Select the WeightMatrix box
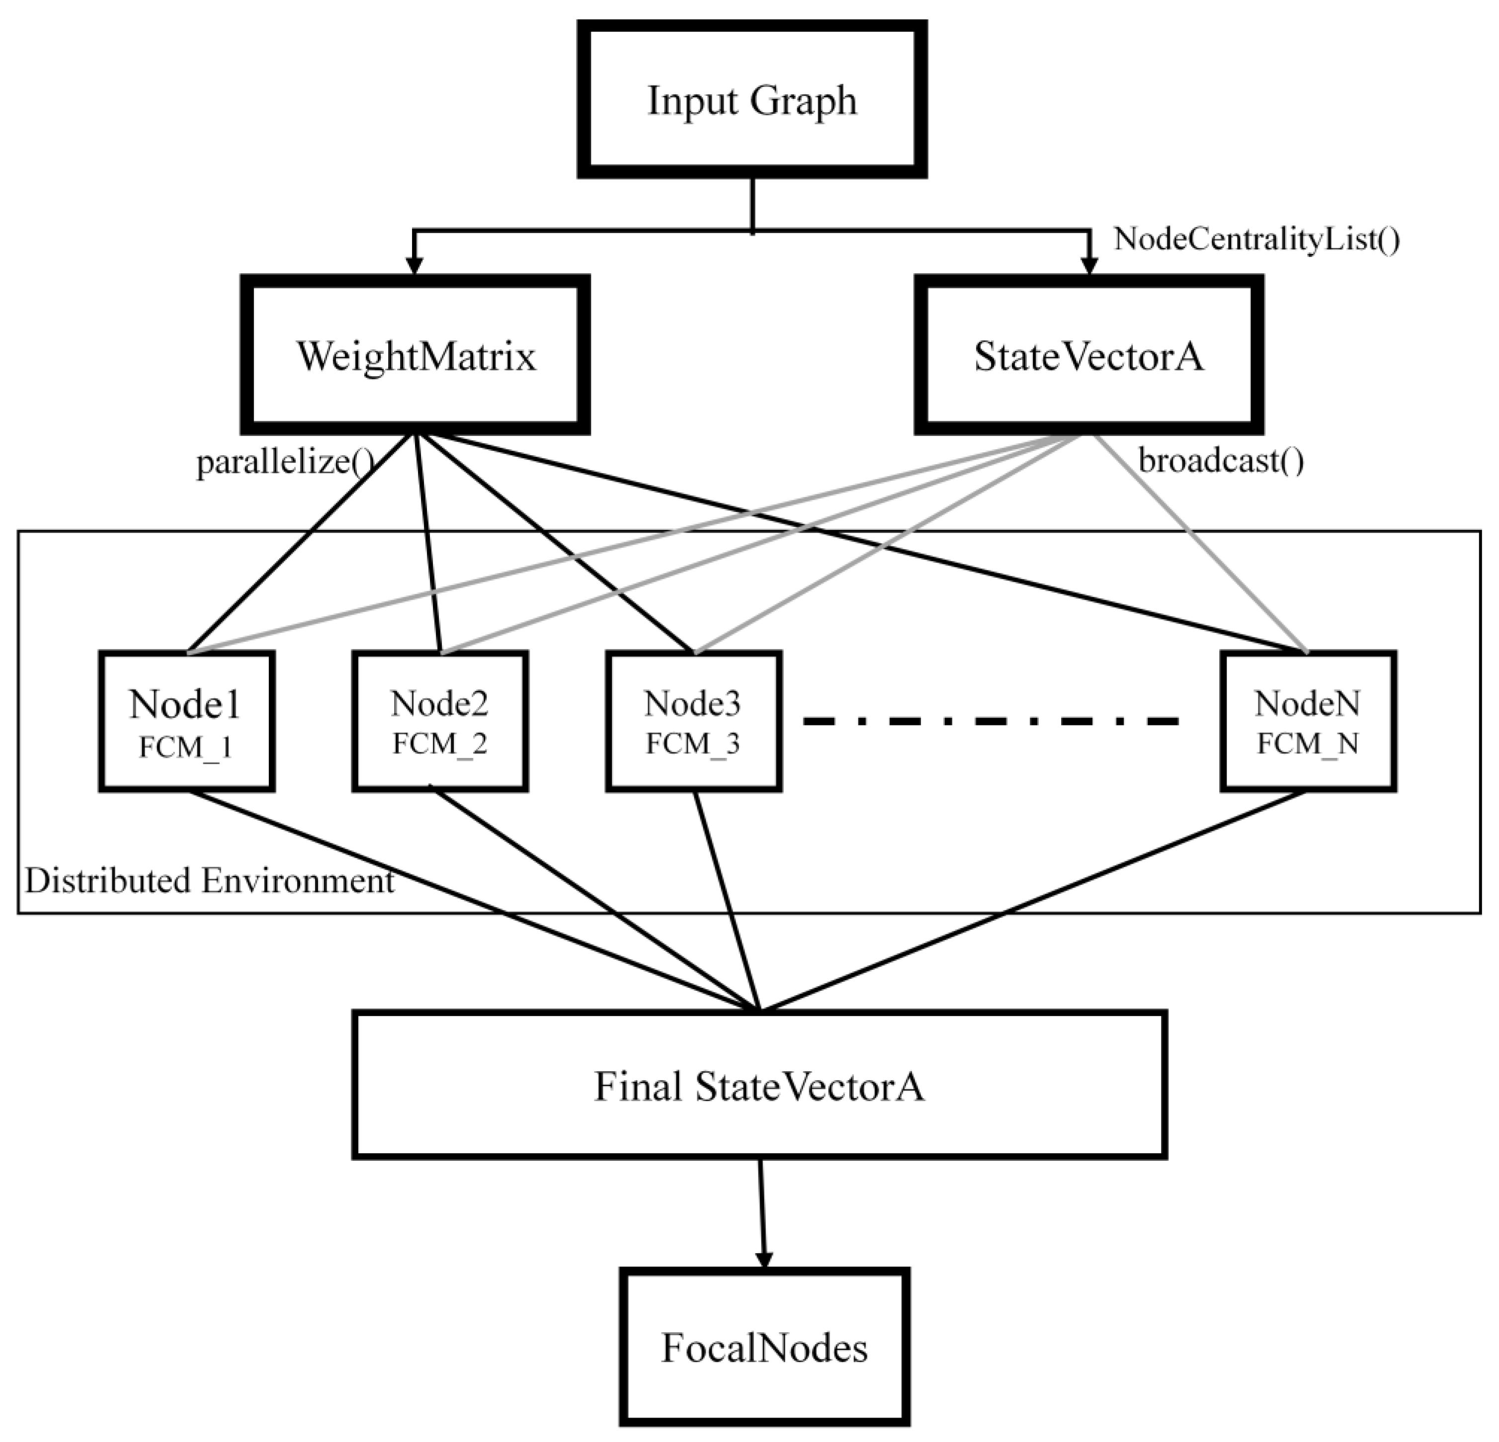(416, 355)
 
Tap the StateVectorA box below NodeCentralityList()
(1088, 355)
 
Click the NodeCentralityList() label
(1256, 240)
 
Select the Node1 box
(186, 721)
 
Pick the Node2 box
(440, 721)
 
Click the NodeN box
(1308, 721)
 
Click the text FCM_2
(440, 744)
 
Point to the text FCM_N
(1308, 744)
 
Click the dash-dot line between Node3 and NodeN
(991, 720)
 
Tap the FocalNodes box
(764, 1348)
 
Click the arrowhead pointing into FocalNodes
(763, 1259)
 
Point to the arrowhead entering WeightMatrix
(414, 264)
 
